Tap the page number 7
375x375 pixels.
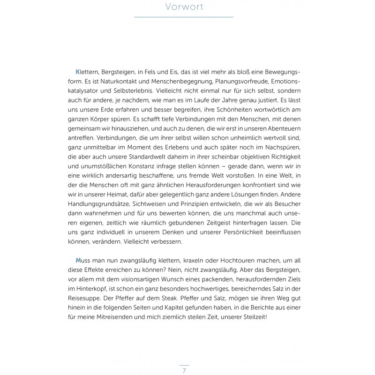point(184,371)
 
